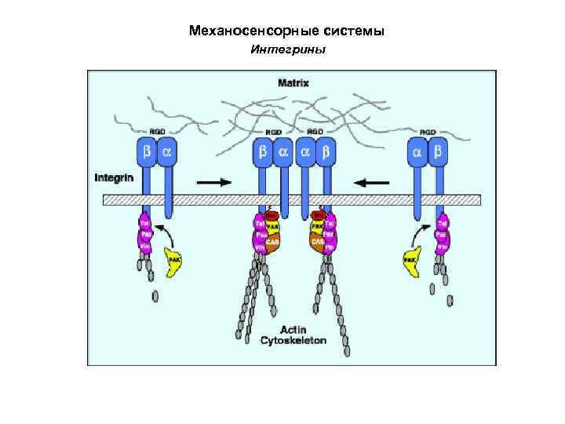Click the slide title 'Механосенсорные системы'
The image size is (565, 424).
pos(286,32)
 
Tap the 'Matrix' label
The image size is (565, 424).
pos(293,82)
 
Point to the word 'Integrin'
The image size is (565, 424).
pos(114,177)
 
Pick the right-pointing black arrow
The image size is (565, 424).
pos(213,181)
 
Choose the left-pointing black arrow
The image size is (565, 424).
pos(371,181)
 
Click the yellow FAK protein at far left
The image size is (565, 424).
pos(173,261)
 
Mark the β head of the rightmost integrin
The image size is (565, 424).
pos(438,152)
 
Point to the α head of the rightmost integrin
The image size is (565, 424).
pos(418,152)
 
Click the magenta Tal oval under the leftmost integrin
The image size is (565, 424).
pos(145,221)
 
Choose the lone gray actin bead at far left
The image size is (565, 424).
pos(155,295)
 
